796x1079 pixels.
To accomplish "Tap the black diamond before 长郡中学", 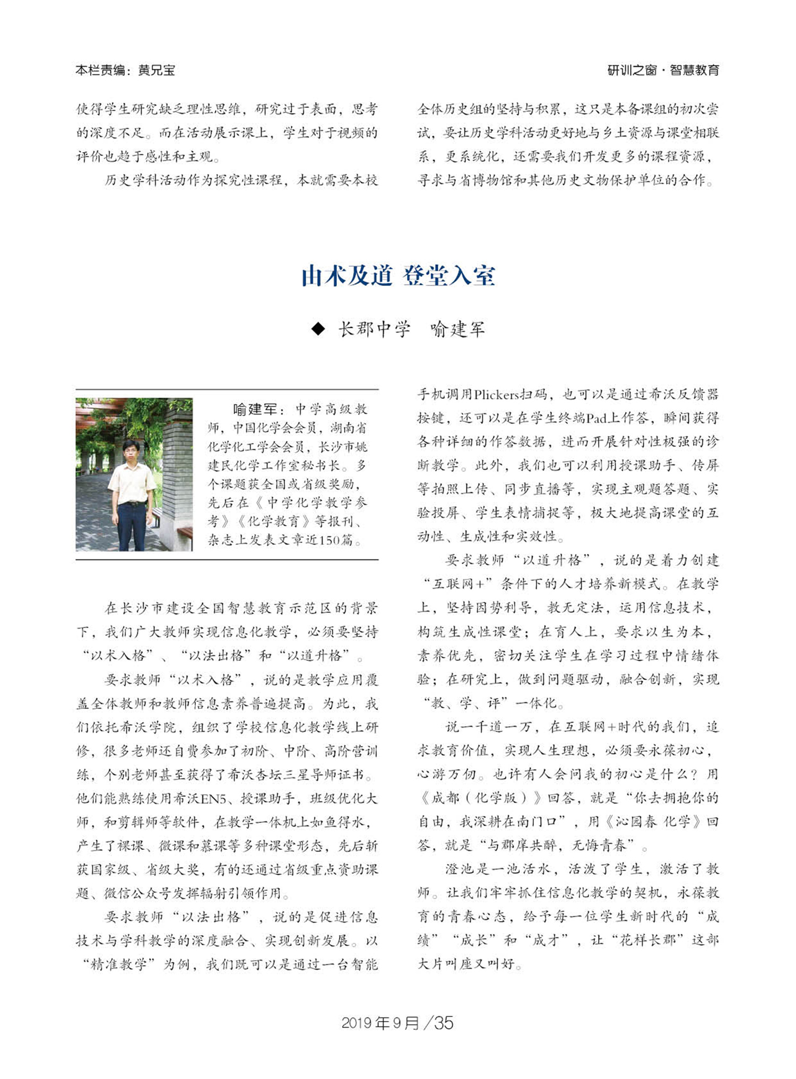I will (318, 329).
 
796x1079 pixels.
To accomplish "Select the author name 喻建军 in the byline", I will (457, 329).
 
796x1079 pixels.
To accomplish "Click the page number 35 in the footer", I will (444, 1023).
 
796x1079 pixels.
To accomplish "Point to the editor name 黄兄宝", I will (157, 70).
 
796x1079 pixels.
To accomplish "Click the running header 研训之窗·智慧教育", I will (663, 70).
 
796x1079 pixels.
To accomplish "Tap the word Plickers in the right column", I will (496, 394).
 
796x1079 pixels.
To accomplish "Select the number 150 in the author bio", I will (328, 540).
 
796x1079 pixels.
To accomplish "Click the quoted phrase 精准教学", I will (119, 964).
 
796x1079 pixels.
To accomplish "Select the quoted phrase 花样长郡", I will (647, 940).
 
